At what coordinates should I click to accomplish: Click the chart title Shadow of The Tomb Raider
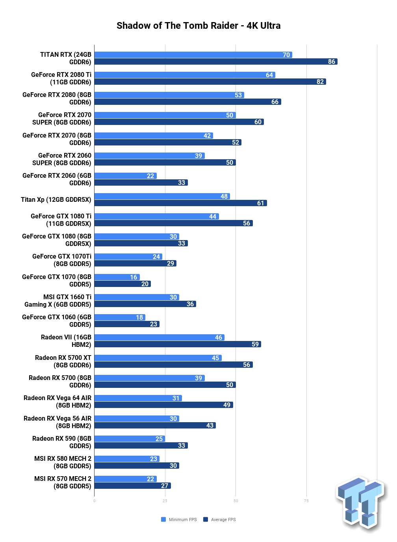tap(177, 26)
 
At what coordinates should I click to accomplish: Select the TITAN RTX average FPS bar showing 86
tap(216, 61)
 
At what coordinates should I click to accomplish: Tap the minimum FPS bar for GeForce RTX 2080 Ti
tap(185, 75)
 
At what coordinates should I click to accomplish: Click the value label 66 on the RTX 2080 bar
tap(275, 102)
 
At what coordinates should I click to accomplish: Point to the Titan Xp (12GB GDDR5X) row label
tap(56, 199)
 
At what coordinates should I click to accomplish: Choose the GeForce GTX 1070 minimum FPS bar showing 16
tap(117, 277)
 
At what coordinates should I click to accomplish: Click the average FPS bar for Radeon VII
tap(178, 344)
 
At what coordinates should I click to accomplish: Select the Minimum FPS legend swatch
tap(163, 520)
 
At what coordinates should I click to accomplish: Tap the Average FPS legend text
tap(223, 520)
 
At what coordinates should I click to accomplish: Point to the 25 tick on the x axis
tap(165, 501)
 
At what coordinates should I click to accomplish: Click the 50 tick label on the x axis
tap(236, 501)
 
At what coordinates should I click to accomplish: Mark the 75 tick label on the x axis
tap(306, 501)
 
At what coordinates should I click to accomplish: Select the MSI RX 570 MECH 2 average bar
tap(132, 486)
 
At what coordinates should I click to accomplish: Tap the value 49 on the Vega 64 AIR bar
tap(227, 405)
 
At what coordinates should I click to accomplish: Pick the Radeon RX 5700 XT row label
tap(63, 361)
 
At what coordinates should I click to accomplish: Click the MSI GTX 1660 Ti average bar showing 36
tap(145, 304)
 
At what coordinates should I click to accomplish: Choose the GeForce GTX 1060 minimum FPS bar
tap(120, 317)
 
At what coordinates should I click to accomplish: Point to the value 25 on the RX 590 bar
tap(159, 439)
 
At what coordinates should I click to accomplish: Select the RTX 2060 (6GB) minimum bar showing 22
tap(126, 176)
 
